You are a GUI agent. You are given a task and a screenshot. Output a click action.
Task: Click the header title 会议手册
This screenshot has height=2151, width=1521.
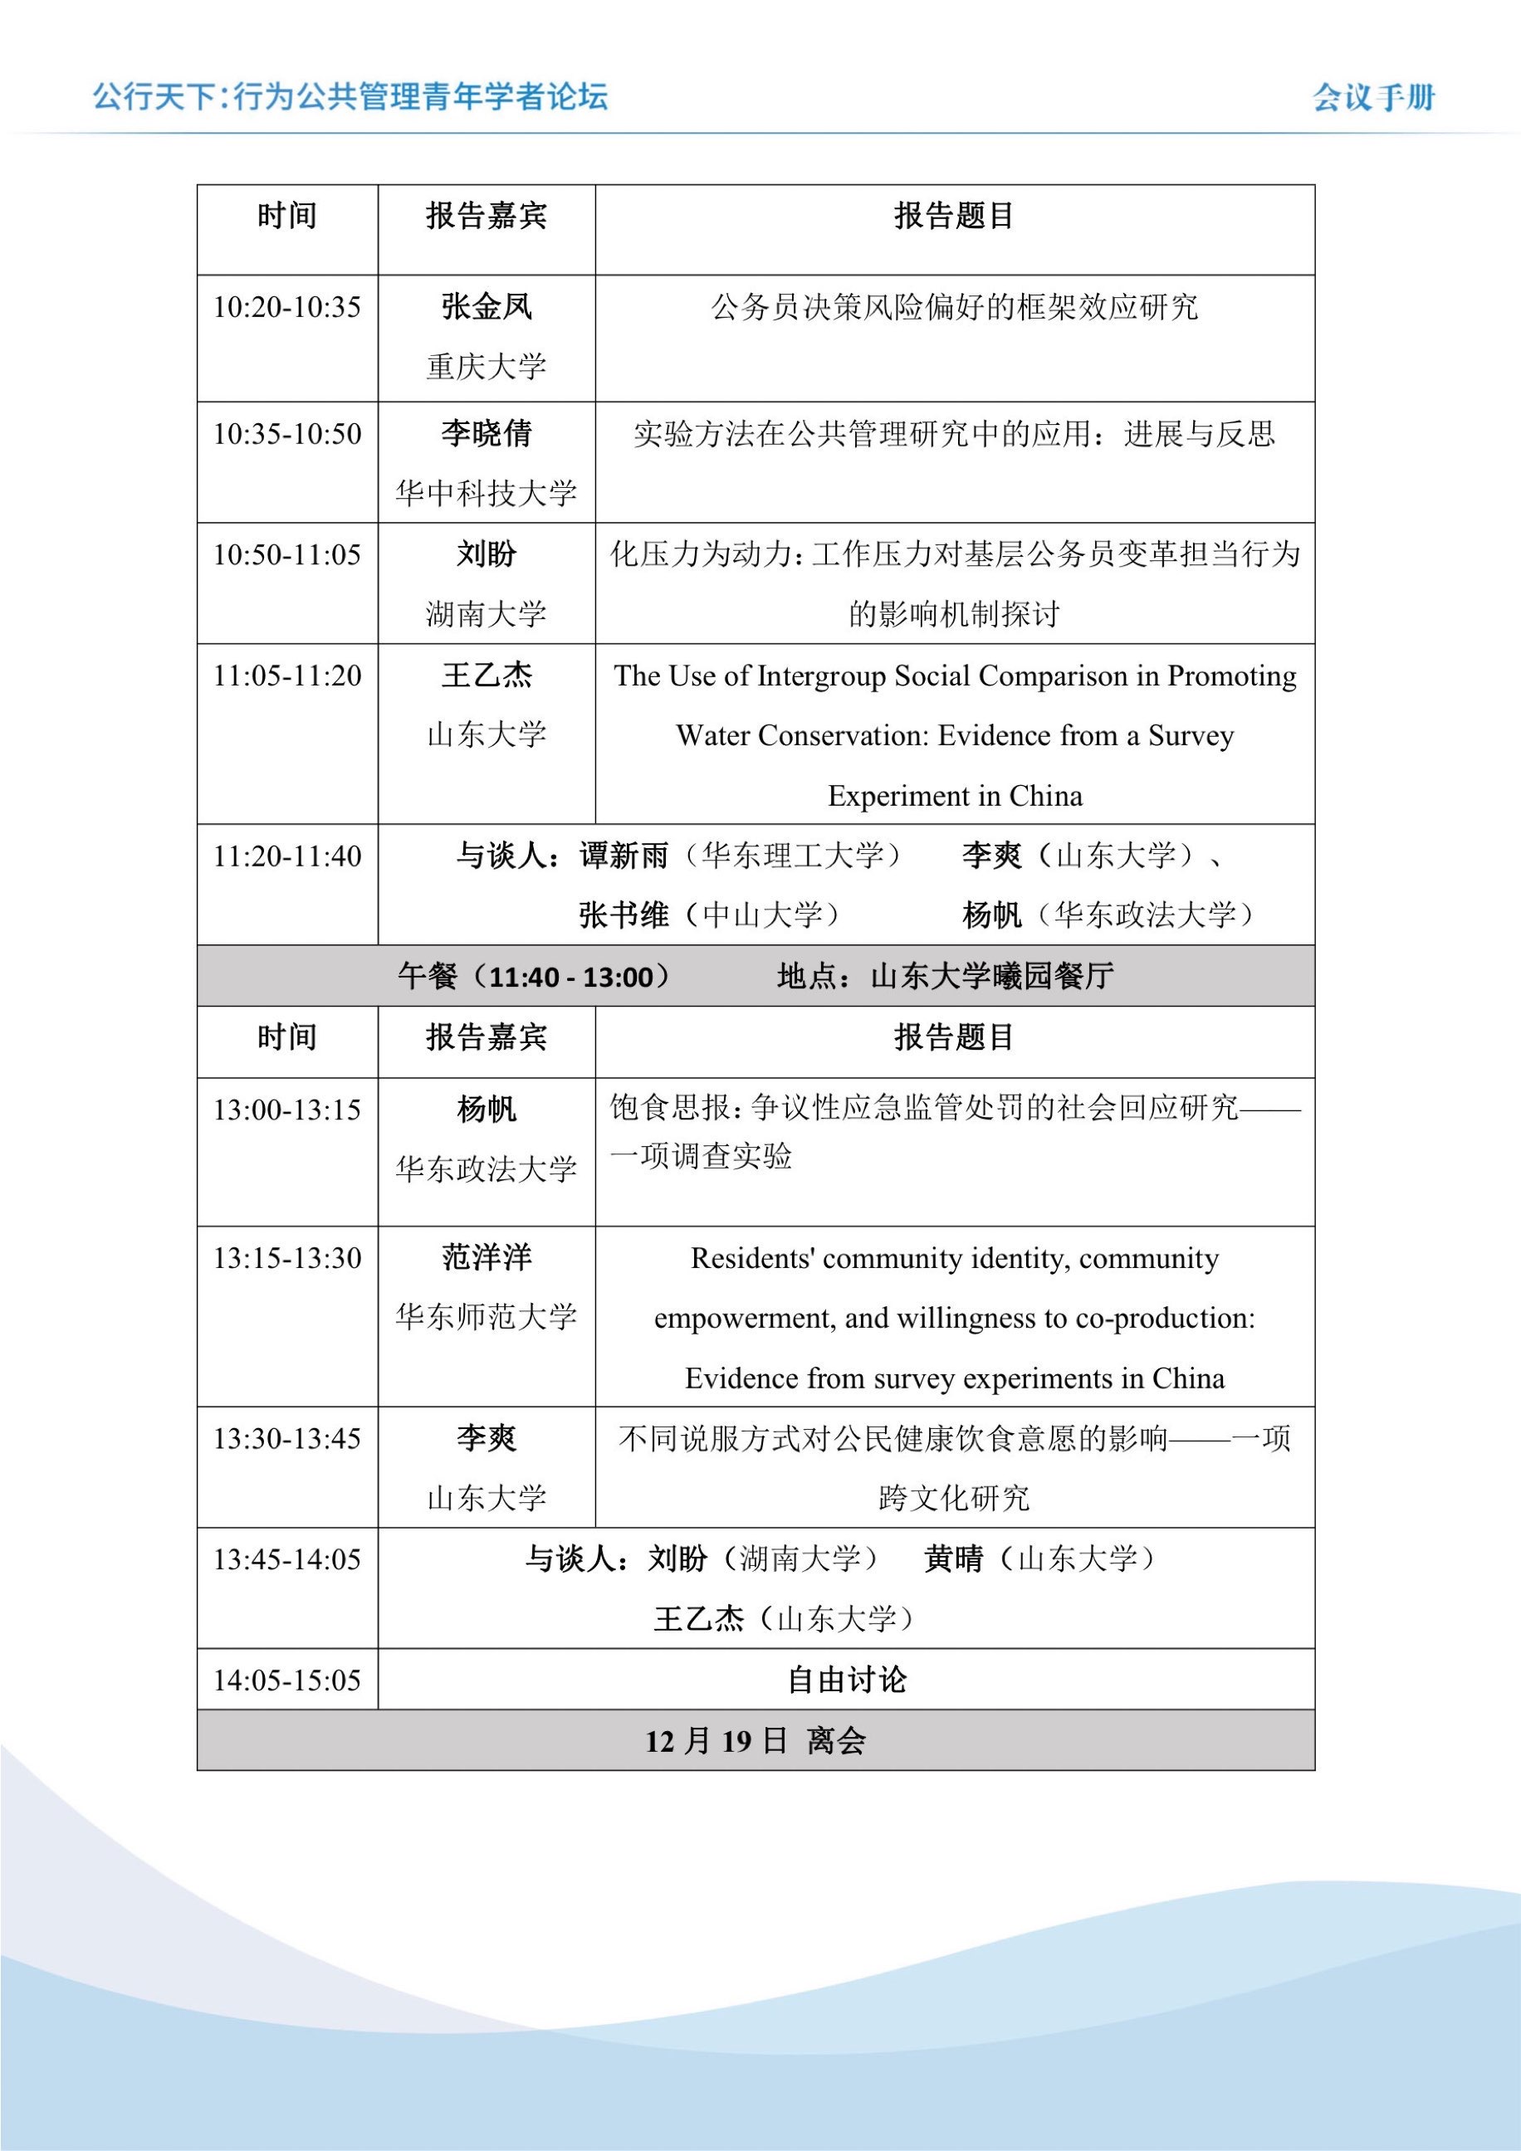[x=1373, y=97]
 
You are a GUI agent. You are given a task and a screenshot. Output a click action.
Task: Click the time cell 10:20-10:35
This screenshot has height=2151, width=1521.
[x=286, y=307]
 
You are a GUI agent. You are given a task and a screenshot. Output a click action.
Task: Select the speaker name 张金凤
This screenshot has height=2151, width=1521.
[x=487, y=306]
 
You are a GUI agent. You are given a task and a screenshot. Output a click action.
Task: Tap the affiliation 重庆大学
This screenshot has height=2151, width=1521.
[x=487, y=366]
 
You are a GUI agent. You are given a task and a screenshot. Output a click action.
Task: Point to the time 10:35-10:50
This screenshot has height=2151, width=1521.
[x=286, y=434]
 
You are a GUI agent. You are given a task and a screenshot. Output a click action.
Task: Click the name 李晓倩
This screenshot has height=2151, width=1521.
[x=487, y=433]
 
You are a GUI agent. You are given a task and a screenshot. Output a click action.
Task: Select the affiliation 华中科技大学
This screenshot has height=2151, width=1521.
[x=487, y=493]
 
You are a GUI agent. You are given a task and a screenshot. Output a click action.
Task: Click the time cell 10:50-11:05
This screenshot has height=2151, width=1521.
[x=286, y=554]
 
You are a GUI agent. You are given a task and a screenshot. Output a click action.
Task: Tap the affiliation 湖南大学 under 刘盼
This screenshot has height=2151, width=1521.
[x=487, y=615]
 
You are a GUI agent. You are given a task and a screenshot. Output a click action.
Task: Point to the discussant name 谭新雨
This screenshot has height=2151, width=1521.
[x=624, y=856]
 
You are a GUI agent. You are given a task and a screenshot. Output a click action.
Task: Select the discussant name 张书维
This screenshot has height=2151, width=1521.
[x=624, y=915]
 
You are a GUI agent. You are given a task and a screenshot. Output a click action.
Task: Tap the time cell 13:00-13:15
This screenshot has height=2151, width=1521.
[x=286, y=1110]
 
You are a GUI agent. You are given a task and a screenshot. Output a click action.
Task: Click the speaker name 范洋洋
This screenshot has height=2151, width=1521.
[x=487, y=1257]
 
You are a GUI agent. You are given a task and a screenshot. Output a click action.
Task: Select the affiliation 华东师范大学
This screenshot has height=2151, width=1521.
[x=487, y=1317]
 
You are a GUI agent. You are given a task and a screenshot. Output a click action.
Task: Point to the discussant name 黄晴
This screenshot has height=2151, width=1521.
[x=953, y=1559]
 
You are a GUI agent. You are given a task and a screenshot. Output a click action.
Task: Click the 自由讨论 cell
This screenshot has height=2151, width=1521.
[x=846, y=1680]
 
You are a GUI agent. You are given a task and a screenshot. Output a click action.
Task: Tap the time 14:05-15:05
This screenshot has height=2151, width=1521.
[x=286, y=1680]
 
